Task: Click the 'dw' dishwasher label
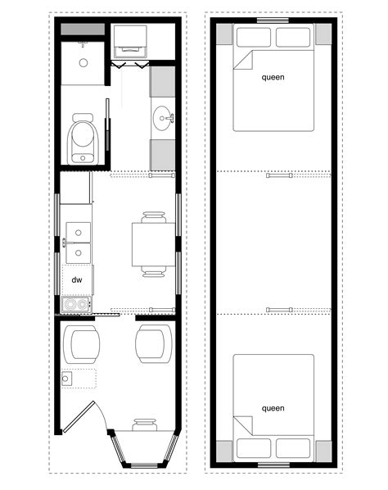click(77, 279)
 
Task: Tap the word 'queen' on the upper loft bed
click(273, 77)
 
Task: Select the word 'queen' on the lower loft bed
click(273, 408)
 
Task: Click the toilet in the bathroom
click(83, 138)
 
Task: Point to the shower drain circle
click(83, 63)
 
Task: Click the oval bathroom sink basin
click(162, 119)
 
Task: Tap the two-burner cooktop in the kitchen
click(77, 304)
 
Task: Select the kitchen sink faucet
click(65, 243)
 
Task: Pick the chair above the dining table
click(153, 217)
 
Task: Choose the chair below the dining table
click(153, 271)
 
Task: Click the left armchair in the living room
click(82, 344)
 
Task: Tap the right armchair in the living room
click(154, 344)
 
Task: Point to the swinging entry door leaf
click(79, 417)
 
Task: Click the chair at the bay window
click(145, 424)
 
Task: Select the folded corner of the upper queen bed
click(243, 60)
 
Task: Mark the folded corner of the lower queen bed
click(243, 425)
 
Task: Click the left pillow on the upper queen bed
click(254, 38)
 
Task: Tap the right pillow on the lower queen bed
click(293, 448)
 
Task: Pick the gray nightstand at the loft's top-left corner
click(224, 34)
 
